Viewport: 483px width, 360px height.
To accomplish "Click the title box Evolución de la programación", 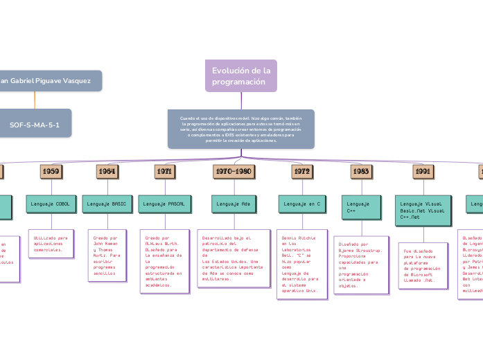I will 240,76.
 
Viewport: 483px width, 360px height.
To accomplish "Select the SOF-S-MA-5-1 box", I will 35,125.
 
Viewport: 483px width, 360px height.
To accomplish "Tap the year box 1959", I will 51,170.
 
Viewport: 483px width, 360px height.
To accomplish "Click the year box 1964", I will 107,170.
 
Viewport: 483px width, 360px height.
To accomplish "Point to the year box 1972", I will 301,170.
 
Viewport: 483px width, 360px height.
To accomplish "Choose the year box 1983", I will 360,170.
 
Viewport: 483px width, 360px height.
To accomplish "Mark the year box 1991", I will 423,170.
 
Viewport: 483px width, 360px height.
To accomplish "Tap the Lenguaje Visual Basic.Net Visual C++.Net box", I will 423,210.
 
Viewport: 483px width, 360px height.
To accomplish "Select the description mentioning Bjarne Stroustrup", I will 360,275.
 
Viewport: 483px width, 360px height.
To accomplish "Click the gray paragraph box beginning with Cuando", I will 240,129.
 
